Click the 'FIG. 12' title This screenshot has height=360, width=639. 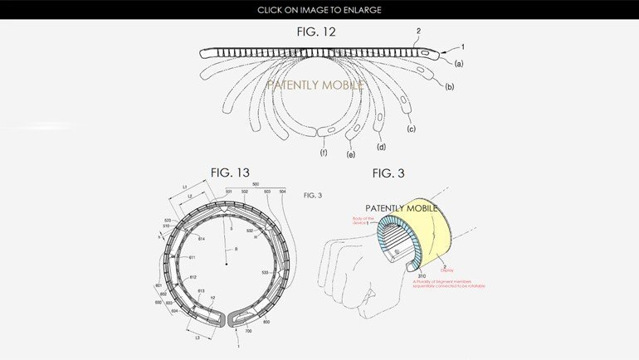pos(319,32)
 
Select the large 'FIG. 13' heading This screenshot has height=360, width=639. pos(230,173)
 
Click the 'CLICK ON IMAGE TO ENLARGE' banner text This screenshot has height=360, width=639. pos(319,9)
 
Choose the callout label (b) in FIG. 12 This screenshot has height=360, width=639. pos(449,86)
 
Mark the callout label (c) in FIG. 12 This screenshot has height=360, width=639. pos(410,129)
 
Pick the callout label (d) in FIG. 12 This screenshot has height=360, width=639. pos(382,147)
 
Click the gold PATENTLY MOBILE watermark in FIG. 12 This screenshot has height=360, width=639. pos(319,85)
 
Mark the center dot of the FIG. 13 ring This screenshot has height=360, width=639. pos(227,264)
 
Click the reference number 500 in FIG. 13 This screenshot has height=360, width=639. pos(255,184)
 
